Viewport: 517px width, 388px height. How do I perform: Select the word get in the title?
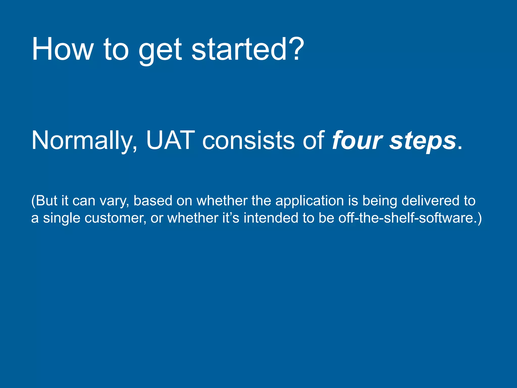(160, 51)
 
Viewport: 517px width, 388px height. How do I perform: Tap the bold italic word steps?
(423, 141)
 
